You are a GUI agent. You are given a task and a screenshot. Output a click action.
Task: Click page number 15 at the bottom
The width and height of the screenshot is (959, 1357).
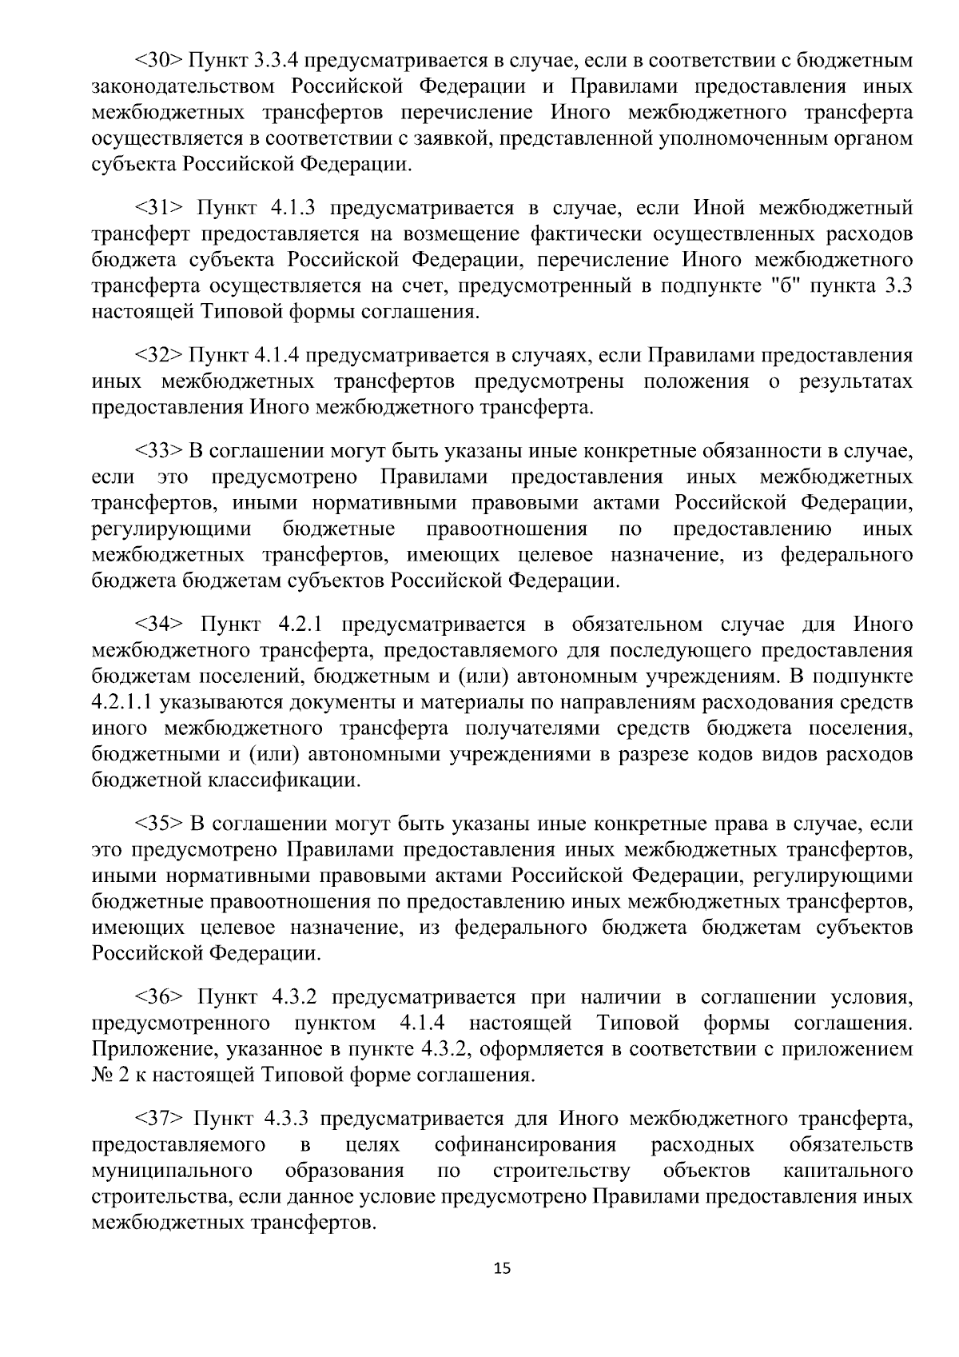click(502, 1269)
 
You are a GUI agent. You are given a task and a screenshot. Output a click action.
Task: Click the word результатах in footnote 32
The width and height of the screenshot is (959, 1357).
click(855, 382)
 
